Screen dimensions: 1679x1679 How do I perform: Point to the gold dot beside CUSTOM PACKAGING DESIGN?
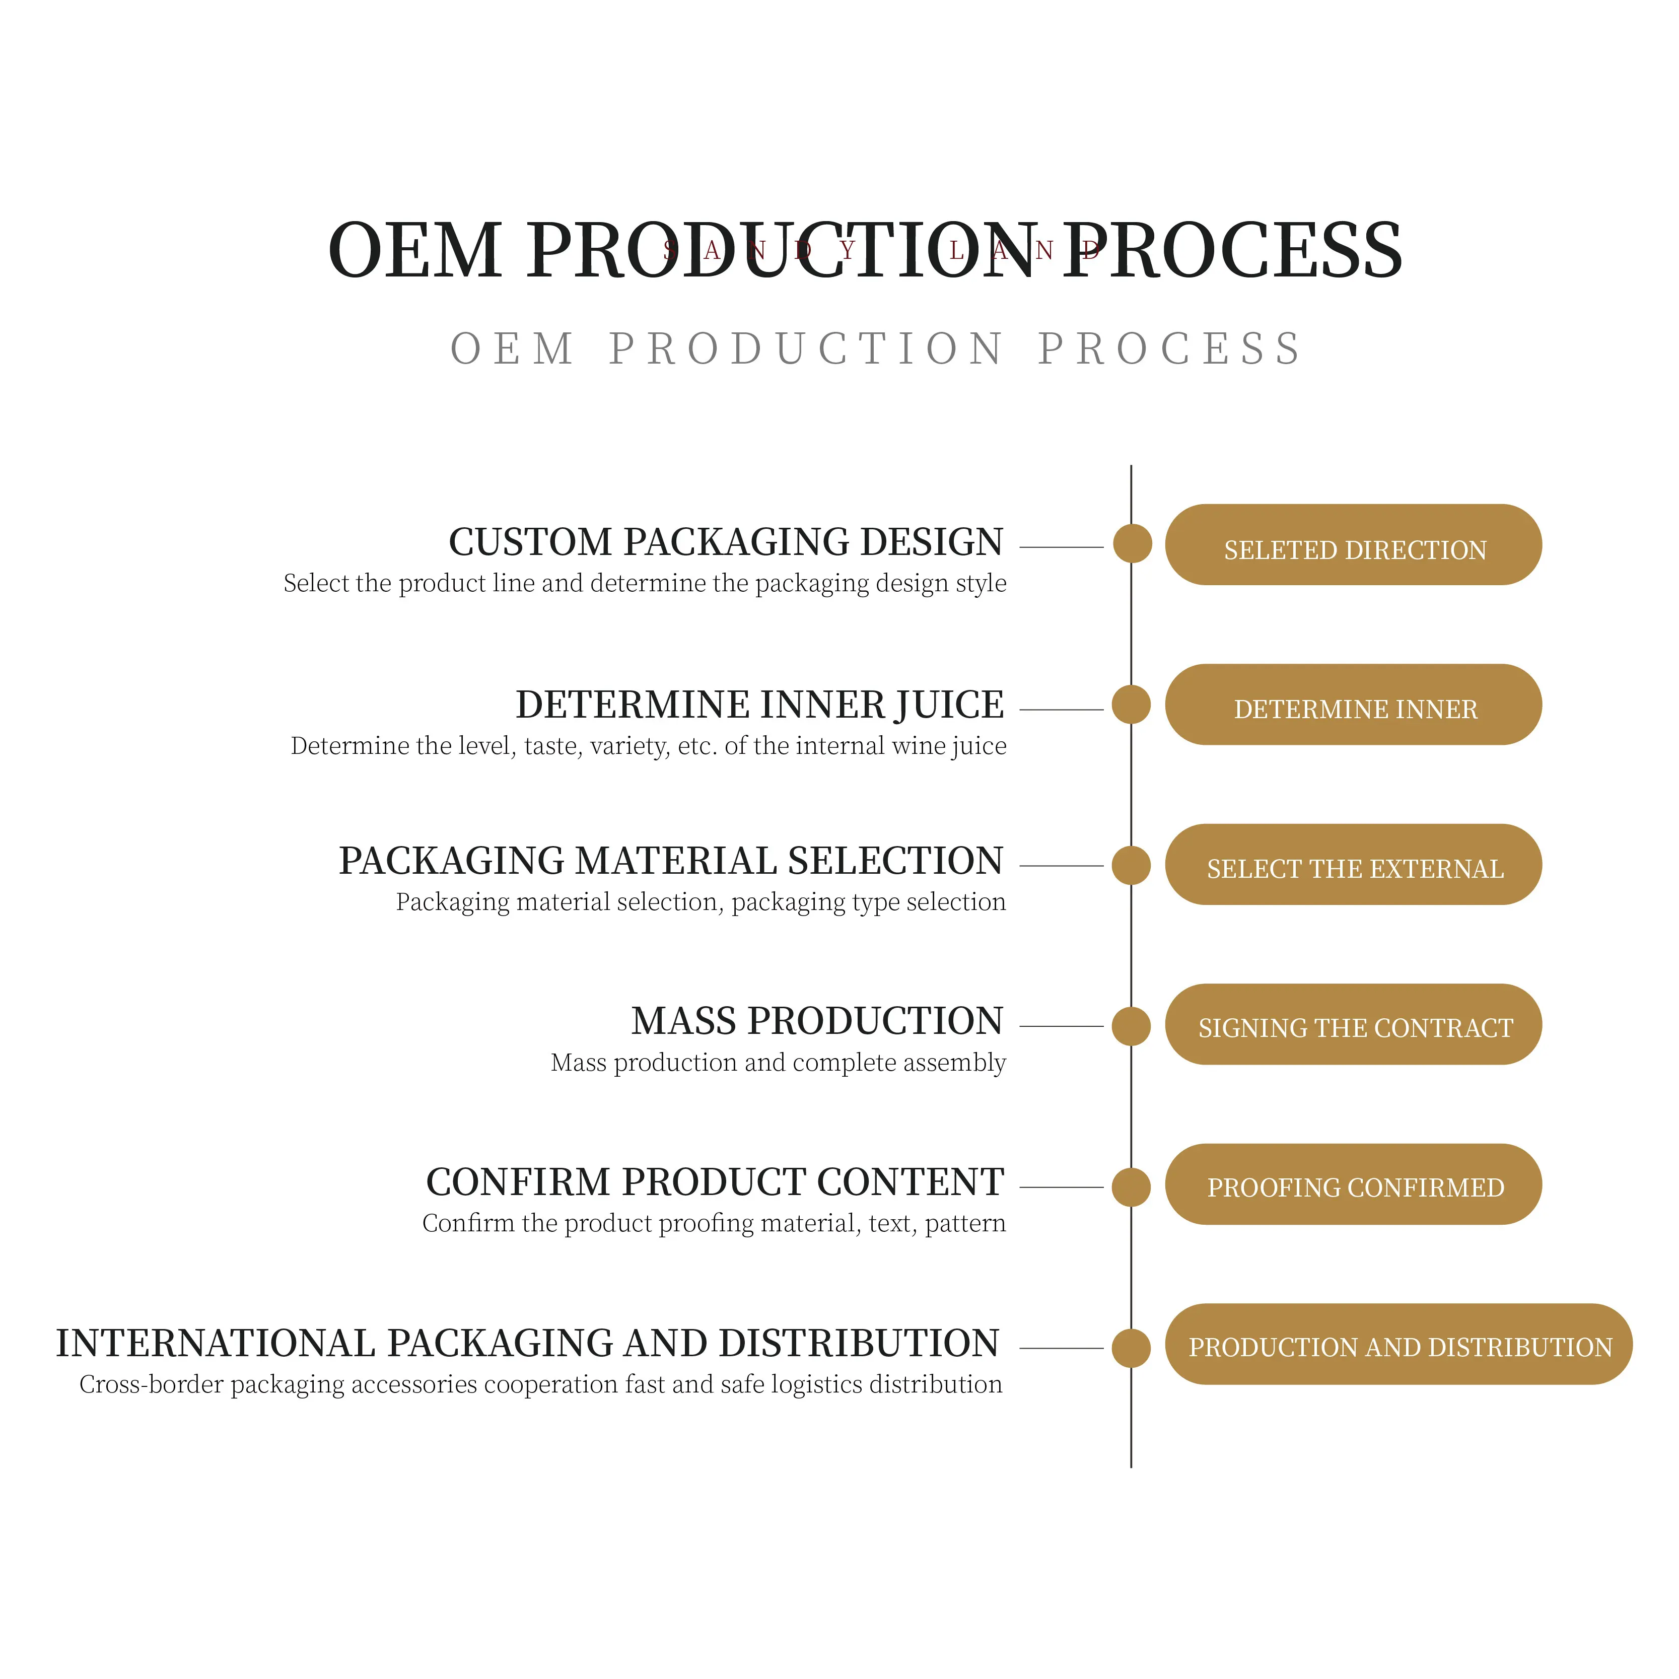click(x=1132, y=544)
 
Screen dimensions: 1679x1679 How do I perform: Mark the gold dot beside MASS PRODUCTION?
click(x=1131, y=1026)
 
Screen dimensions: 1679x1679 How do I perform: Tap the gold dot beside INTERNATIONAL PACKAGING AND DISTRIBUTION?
click(x=1131, y=1348)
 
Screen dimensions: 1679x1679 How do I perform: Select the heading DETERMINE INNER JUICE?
click(x=759, y=705)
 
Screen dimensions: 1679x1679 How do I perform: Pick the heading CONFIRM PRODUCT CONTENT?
click(x=715, y=1182)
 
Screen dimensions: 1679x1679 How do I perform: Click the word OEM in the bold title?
click(x=414, y=251)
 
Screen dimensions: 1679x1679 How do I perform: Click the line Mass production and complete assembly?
click(x=778, y=1063)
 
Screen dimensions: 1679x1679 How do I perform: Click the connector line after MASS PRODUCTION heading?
click(x=1060, y=1026)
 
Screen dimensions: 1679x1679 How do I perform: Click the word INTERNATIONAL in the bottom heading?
click(x=215, y=1344)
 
